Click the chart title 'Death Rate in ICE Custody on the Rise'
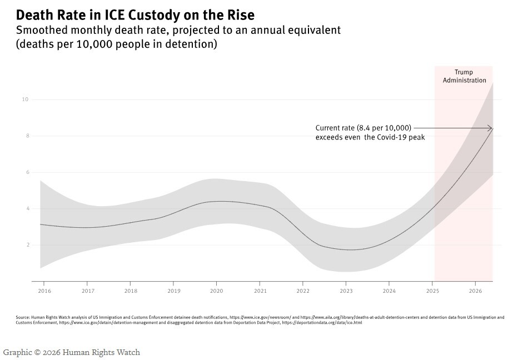[x=135, y=15]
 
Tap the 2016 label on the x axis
[x=44, y=291]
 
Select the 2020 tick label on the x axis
[x=216, y=291]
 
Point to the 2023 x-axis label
[x=346, y=291]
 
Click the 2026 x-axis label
[x=475, y=291]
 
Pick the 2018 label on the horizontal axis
[x=131, y=291]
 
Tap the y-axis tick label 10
[x=25, y=99]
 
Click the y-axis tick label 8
[x=28, y=136]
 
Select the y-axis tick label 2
[x=28, y=245]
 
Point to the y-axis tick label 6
[x=28, y=172]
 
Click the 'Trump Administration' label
[x=464, y=76]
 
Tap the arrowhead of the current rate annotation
[x=490, y=128]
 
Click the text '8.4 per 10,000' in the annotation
[x=383, y=128]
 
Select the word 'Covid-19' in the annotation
[x=392, y=137]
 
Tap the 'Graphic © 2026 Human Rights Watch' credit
[x=71, y=352]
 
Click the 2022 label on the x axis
[x=303, y=291]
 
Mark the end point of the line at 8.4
[x=492, y=128]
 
